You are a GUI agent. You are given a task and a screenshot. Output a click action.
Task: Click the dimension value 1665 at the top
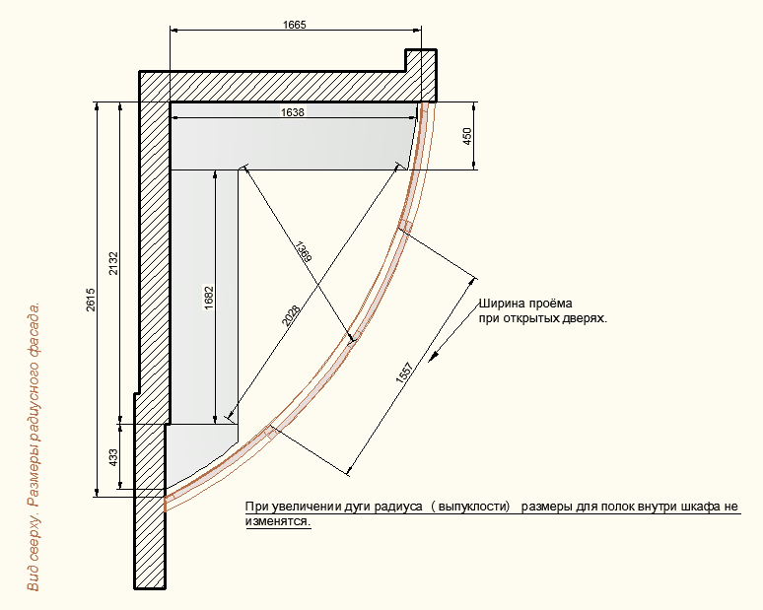[x=295, y=25]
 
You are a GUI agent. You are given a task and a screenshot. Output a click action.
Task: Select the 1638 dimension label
[x=293, y=112]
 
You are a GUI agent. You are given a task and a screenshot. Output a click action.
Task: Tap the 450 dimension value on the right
[x=467, y=136]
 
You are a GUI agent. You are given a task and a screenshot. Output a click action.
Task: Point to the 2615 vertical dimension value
[x=91, y=301]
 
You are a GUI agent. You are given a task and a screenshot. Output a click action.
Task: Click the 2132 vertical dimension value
[x=113, y=263]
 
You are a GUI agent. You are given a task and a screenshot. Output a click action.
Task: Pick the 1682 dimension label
[x=209, y=298]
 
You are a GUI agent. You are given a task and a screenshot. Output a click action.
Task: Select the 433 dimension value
[x=113, y=457]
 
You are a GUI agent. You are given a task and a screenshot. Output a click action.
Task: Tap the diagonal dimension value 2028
[x=291, y=315]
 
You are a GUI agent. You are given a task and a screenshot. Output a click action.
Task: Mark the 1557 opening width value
[x=404, y=373]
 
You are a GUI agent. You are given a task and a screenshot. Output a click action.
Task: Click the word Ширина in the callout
[x=498, y=305]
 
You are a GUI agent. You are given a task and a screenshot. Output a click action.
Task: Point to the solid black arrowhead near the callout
[x=433, y=357]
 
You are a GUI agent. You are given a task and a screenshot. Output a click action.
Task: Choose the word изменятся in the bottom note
[x=277, y=521]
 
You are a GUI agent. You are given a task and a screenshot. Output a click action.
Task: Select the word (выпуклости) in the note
[x=470, y=507]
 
